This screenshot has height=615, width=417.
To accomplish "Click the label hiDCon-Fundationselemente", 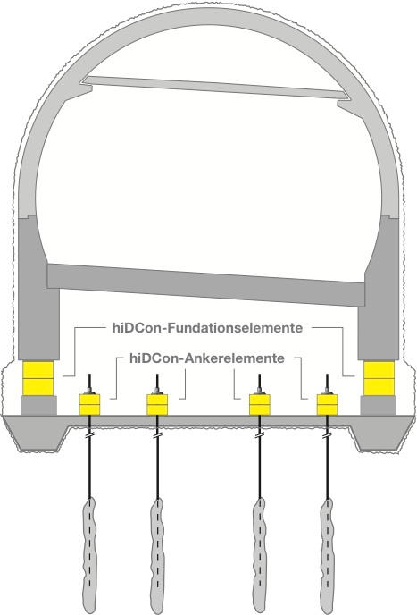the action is tap(208, 327).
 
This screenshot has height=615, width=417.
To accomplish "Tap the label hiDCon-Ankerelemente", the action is tap(206, 358).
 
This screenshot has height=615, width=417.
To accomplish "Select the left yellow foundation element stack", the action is tap(38, 378).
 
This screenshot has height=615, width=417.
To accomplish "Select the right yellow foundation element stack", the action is tap(379, 378).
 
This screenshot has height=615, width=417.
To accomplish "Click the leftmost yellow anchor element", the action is tap(90, 404).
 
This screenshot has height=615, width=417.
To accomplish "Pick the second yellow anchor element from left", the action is tap(157, 404).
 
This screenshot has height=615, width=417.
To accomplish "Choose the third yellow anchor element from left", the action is tap(260, 404).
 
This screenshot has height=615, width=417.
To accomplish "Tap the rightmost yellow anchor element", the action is tap(327, 404).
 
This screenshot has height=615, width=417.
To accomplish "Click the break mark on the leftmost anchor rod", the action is tap(90, 435).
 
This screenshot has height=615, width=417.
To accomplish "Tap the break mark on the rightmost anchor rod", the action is tap(327, 435).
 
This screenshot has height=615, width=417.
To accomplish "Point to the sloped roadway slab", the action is tap(206, 284).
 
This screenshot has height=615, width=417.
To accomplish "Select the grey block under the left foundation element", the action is tap(38, 405).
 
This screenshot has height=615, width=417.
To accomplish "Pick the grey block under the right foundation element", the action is tap(379, 405).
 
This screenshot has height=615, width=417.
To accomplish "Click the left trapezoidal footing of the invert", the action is tap(38, 434).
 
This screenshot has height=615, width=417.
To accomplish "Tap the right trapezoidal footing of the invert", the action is tap(379, 434).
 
